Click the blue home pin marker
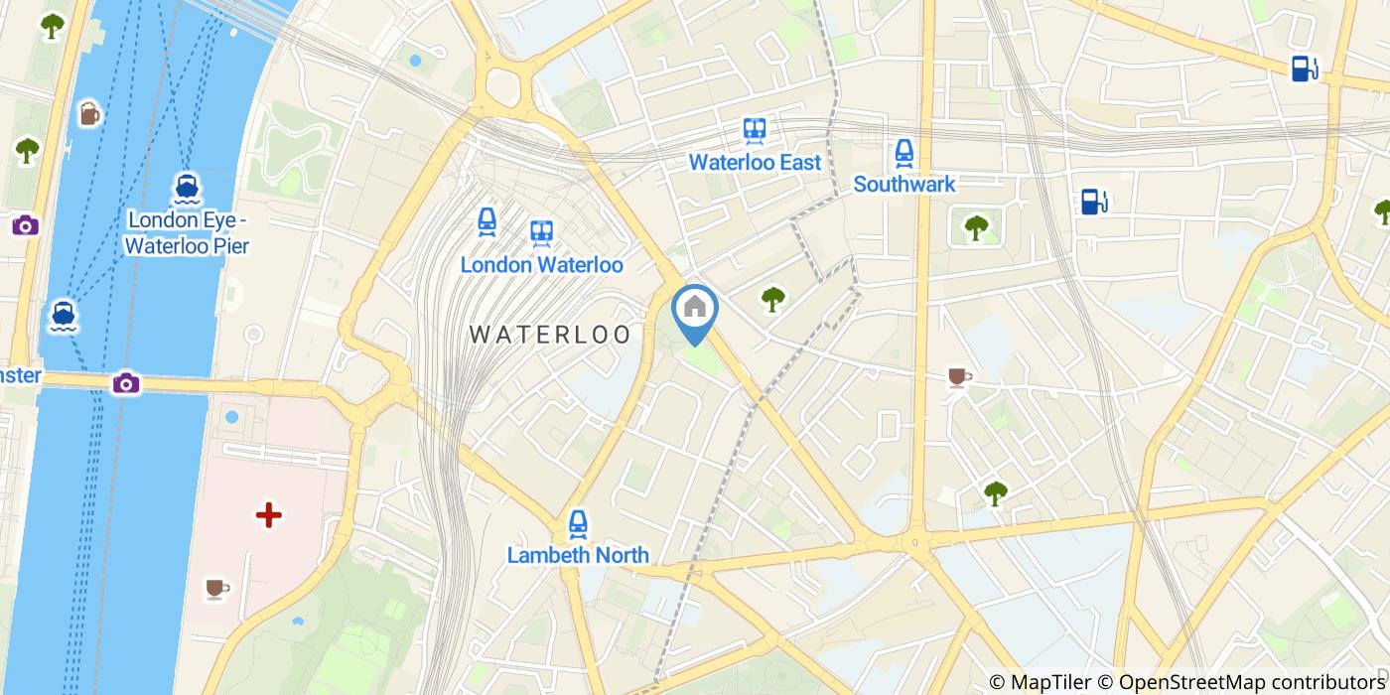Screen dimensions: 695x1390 (695, 311)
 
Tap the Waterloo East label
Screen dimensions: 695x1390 (755, 162)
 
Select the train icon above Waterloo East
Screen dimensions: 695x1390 (755, 130)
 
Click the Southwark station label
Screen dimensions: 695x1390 (903, 184)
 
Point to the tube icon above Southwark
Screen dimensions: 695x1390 (903, 152)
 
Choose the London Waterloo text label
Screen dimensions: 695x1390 (541, 265)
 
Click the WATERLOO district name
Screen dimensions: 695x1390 (550, 335)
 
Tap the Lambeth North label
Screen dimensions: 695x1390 (578, 555)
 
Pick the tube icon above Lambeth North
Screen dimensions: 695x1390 (578, 523)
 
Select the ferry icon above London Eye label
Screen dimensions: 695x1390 (187, 187)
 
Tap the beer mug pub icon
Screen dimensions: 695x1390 (89, 114)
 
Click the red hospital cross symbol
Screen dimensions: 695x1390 (268, 514)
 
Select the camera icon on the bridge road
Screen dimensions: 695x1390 (126, 383)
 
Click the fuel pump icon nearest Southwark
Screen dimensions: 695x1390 (1094, 202)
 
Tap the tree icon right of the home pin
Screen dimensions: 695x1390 (772, 298)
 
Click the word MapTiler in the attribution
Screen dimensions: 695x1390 (1049, 682)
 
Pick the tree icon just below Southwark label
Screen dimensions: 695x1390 (976, 227)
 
